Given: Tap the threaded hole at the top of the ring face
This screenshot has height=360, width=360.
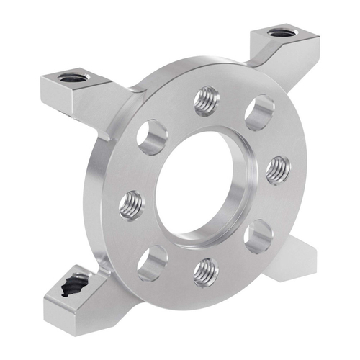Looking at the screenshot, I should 207,101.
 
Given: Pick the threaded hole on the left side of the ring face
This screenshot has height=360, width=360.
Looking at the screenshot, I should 132,204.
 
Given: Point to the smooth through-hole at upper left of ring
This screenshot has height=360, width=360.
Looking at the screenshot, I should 153,137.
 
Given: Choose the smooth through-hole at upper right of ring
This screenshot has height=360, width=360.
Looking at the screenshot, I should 258,112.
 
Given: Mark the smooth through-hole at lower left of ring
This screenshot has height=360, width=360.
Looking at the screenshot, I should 152,262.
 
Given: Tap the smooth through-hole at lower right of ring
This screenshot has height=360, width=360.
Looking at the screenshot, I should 258,237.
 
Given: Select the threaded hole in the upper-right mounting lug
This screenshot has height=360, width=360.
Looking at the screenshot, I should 279,33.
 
